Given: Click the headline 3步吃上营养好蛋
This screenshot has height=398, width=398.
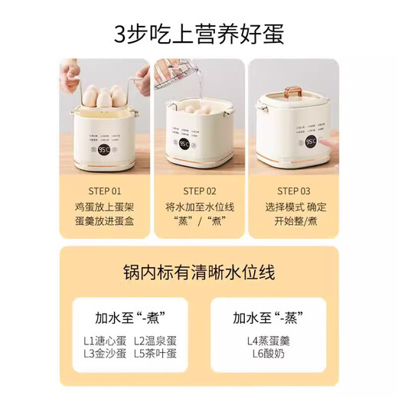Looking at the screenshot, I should click(x=198, y=34).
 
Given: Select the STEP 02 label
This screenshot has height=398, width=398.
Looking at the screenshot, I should click(x=199, y=191).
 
